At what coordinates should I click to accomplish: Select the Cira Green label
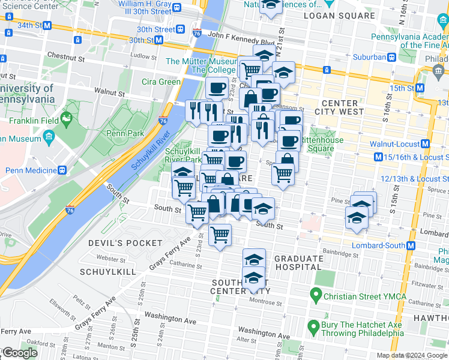[161, 82]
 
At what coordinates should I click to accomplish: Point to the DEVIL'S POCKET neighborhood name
[125, 243]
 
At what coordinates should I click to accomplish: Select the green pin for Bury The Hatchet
[312, 328]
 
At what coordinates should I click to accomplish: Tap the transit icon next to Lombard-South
[411, 246]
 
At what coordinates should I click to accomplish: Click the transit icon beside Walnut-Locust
[425, 144]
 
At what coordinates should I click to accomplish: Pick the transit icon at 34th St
[47, 25]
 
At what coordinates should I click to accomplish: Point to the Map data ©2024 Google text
[412, 355]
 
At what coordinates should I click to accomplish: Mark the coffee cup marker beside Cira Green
[217, 88]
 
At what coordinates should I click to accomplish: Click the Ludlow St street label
[143, 56]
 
